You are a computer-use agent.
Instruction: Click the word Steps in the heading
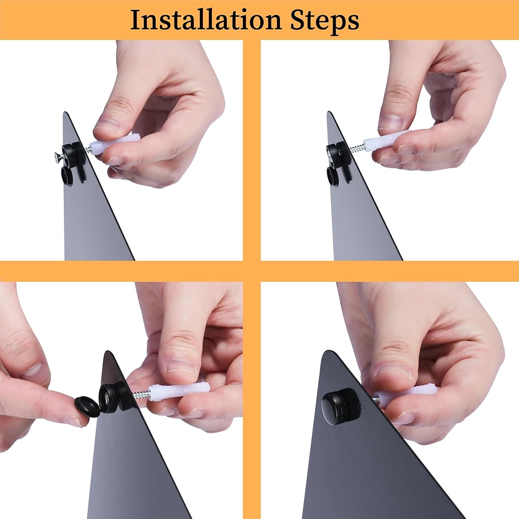pos(325,21)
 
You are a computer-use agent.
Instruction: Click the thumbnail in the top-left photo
pos(106,125)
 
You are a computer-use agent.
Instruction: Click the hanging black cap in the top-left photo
pos(69,173)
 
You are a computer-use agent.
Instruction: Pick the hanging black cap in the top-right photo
pos(334,174)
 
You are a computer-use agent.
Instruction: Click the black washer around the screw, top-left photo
pos(74,152)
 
